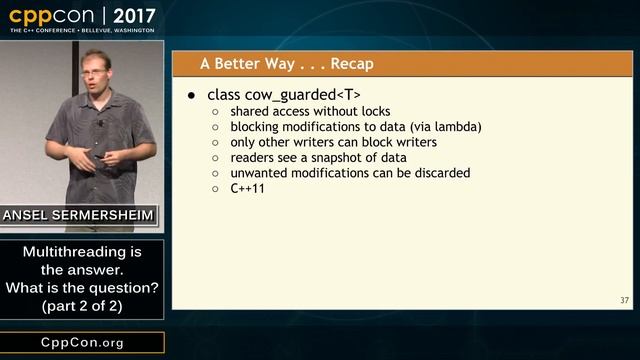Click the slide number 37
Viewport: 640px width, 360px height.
[x=624, y=300]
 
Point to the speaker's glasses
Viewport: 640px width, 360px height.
[x=98, y=67]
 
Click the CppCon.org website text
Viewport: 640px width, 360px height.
[x=82, y=343]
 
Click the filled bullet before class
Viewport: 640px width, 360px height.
[x=194, y=95]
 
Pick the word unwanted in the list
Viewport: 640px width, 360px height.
[x=262, y=173]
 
